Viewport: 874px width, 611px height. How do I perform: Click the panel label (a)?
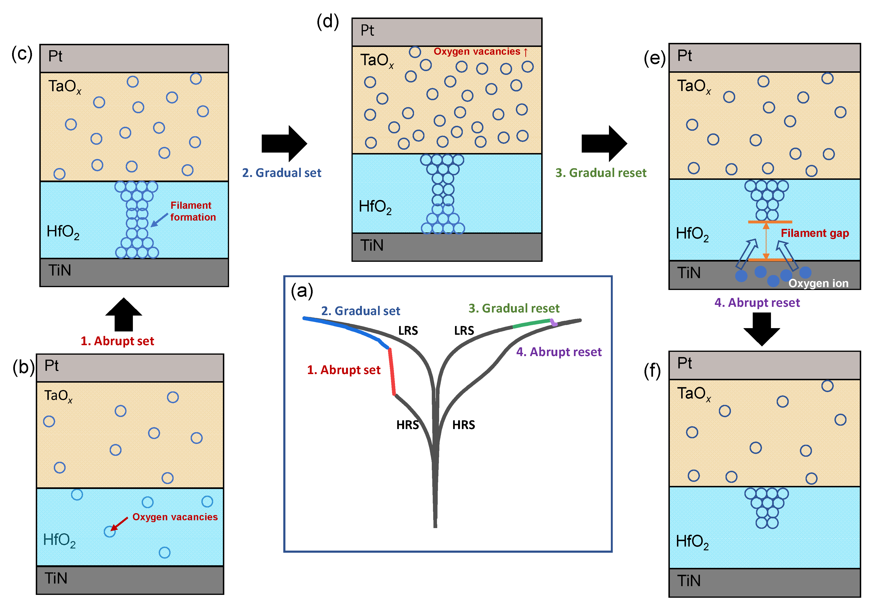pyautogui.click(x=302, y=291)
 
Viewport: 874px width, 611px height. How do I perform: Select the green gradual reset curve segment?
pyautogui.click(x=532, y=324)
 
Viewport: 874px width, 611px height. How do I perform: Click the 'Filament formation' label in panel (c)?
pyautogui.click(x=193, y=211)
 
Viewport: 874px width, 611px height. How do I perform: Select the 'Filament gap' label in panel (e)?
pyautogui.click(x=815, y=233)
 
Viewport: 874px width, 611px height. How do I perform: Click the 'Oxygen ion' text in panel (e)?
pyautogui.click(x=818, y=283)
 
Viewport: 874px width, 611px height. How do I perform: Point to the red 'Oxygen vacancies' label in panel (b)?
pyautogui.click(x=175, y=517)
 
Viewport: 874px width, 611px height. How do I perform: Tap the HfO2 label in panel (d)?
pyautogui.click(x=375, y=207)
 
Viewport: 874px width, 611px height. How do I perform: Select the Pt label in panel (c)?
pyautogui.click(x=55, y=56)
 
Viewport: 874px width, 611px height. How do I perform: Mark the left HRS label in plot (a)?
pyautogui.click(x=407, y=425)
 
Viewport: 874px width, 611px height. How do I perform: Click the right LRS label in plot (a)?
pyautogui.click(x=464, y=330)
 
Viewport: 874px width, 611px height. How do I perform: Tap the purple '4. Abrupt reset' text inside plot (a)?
pyautogui.click(x=559, y=352)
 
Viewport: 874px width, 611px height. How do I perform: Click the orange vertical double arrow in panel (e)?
pyautogui.click(x=766, y=241)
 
